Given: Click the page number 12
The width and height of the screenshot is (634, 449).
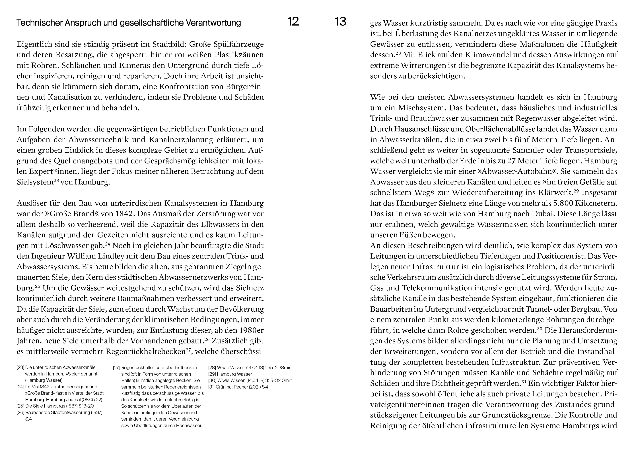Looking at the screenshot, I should point(293,22).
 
